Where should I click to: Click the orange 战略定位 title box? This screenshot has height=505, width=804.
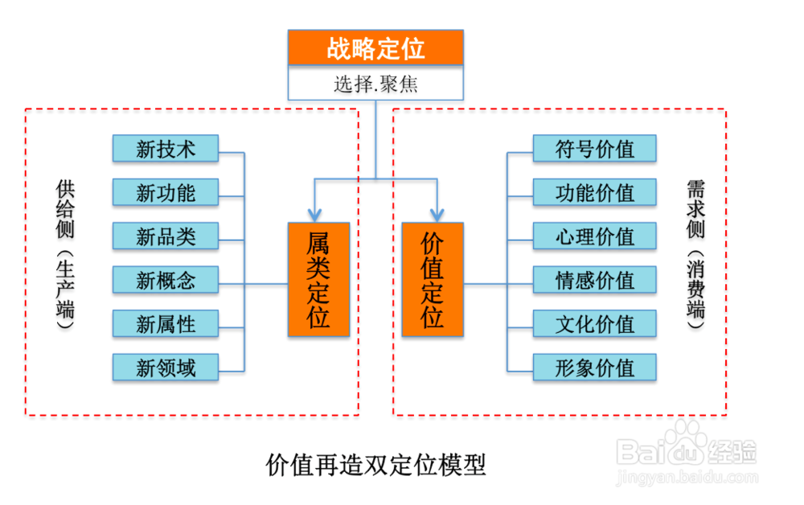(x=375, y=47)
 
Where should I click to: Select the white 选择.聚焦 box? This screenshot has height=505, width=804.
(x=375, y=83)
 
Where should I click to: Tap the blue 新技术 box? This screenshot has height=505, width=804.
(x=166, y=149)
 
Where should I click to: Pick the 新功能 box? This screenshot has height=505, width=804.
(x=166, y=192)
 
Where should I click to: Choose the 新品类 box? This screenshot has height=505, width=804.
(x=166, y=236)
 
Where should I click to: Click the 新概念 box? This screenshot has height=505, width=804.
(x=166, y=280)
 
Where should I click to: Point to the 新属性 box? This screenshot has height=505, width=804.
(x=166, y=323)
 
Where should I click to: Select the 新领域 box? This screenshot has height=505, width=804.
(x=166, y=367)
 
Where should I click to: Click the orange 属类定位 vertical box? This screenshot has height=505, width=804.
(x=318, y=279)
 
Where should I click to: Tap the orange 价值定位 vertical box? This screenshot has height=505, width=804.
(x=433, y=279)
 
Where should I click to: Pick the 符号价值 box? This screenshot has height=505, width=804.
(x=595, y=149)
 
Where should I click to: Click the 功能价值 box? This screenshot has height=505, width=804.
(x=595, y=192)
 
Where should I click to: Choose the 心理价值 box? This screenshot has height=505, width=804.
(x=595, y=236)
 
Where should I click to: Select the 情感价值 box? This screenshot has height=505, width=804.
(x=595, y=280)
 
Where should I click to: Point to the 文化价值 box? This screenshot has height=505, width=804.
(x=595, y=323)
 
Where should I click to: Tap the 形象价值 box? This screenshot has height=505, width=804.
(x=595, y=367)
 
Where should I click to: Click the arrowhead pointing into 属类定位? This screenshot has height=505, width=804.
(x=314, y=216)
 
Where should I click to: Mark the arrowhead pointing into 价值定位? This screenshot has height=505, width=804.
(x=437, y=216)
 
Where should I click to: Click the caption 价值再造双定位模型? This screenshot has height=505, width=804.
(x=375, y=465)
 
